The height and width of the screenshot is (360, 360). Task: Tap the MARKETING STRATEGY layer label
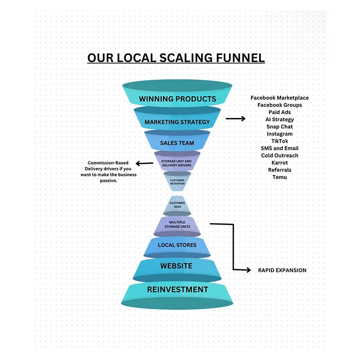(x=177, y=122)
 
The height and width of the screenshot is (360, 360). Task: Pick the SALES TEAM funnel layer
(x=177, y=143)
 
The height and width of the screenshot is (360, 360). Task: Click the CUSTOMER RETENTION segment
(x=177, y=182)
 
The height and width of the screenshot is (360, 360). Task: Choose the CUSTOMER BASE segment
(x=177, y=205)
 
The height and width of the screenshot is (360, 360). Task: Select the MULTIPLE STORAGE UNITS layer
(x=177, y=224)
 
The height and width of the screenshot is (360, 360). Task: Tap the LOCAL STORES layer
(x=177, y=245)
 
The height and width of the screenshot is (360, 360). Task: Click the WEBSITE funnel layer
(x=177, y=266)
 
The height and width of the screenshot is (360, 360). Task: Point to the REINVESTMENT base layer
(x=177, y=290)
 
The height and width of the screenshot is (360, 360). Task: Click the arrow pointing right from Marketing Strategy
(x=235, y=119)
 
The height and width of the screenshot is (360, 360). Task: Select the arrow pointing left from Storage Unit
(x=144, y=163)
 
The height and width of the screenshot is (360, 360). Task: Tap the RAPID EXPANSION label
(x=282, y=270)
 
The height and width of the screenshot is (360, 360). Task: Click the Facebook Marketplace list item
(x=279, y=98)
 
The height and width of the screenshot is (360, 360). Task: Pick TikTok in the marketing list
(x=279, y=141)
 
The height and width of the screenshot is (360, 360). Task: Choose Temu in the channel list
(x=279, y=177)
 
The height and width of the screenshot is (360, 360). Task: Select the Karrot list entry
(x=279, y=162)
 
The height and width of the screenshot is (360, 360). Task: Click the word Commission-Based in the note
(x=108, y=163)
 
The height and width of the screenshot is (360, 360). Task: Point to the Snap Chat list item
(x=279, y=126)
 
